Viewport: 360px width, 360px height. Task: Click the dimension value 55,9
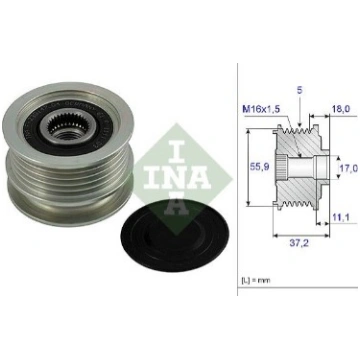click(260, 167)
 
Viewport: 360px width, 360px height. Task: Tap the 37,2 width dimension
click(299, 243)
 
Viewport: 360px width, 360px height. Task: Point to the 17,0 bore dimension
click(349, 168)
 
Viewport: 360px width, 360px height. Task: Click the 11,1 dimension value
click(340, 218)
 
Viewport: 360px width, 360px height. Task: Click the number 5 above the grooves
click(300, 91)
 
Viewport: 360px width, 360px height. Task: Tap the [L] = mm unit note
click(256, 280)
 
